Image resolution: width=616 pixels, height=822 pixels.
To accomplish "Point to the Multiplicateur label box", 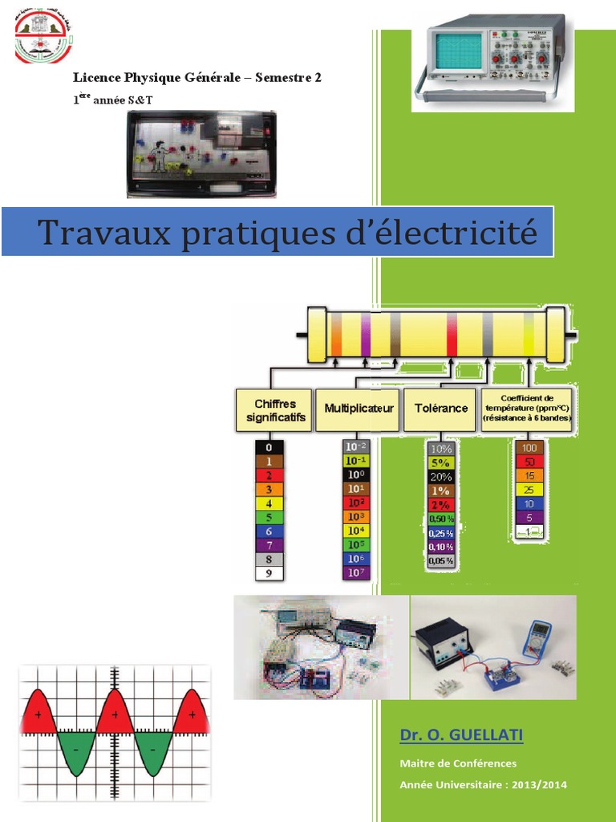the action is click(359, 409).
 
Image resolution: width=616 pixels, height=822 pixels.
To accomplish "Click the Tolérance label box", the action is click(440, 409).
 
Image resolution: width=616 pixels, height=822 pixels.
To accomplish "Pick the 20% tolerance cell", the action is click(441, 476).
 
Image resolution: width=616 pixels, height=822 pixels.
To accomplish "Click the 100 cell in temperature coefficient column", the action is click(529, 447).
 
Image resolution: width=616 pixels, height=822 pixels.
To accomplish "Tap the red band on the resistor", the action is click(452, 335).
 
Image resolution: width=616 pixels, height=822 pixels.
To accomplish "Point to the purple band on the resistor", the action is click(366, 335).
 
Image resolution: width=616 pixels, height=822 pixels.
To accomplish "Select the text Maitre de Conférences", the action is click(458, 763).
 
